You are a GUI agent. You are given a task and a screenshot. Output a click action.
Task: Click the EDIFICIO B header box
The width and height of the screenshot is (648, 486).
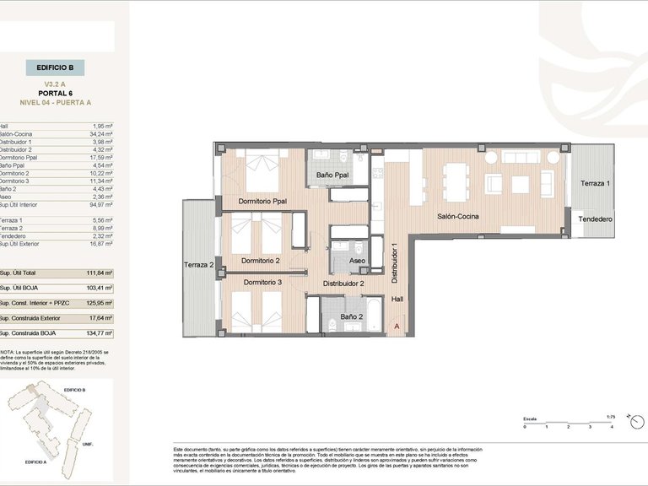click(55, 67)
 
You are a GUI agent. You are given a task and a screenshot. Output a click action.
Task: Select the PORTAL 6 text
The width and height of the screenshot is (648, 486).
click(55, 94)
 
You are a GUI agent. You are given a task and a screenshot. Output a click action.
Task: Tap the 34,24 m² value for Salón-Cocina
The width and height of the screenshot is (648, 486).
click(101, 133)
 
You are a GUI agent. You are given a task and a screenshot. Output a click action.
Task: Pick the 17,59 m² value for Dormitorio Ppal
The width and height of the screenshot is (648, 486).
click(101, 157)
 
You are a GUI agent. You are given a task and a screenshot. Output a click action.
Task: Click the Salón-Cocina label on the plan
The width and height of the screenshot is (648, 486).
click(458, 217)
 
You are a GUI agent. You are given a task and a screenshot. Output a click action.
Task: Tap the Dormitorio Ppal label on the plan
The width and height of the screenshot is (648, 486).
click(262, 202)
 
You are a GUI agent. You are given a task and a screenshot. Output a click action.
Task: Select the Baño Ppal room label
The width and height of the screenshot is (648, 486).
click(333, 175)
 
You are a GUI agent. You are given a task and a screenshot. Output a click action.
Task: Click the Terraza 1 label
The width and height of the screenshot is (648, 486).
click(596, 184)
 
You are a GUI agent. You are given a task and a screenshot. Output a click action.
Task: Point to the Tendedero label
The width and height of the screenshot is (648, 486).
click(595, 219)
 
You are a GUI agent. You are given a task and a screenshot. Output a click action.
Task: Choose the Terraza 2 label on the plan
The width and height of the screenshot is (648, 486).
click(199, 265)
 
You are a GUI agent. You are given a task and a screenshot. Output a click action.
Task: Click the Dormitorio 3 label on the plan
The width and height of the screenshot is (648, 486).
click(262, 282)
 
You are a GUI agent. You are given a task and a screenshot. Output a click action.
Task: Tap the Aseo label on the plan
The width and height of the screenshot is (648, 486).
click(357, 262)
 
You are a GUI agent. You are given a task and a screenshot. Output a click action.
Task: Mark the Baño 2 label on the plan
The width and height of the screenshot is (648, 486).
click(351, 316)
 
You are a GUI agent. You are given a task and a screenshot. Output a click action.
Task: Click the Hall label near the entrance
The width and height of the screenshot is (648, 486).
click(397, 299)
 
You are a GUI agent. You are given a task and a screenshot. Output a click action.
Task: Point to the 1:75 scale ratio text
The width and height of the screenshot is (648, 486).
click(611, 416)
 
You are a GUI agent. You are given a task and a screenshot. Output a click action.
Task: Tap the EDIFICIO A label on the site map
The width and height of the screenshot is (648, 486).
click(36, 462)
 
